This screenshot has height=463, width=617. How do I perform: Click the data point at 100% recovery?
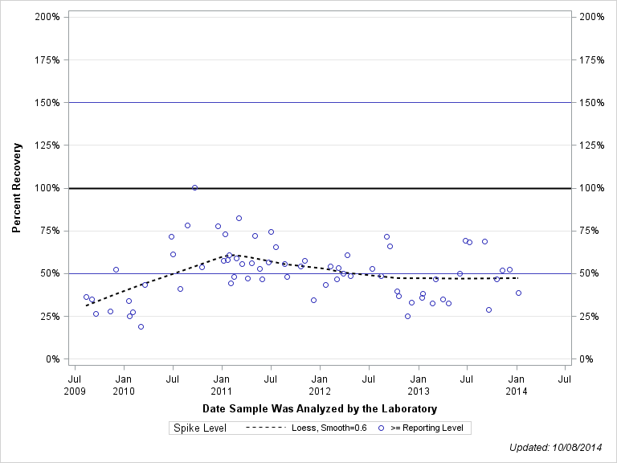194,187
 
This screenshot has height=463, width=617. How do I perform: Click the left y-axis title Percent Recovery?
17,188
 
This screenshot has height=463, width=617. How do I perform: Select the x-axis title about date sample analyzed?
319,409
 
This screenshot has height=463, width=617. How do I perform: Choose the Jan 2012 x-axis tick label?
320,384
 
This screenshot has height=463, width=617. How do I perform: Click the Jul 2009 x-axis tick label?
75,384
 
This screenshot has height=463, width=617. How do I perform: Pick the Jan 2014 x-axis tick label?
517,384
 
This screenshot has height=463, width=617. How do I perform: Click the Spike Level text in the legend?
201,428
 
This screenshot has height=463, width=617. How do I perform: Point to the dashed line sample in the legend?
265,428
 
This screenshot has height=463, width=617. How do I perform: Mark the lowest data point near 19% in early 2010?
141,326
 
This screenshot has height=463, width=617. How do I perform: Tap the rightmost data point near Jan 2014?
518,293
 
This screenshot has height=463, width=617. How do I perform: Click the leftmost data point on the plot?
86,297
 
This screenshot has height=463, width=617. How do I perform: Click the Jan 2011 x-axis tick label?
222,384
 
